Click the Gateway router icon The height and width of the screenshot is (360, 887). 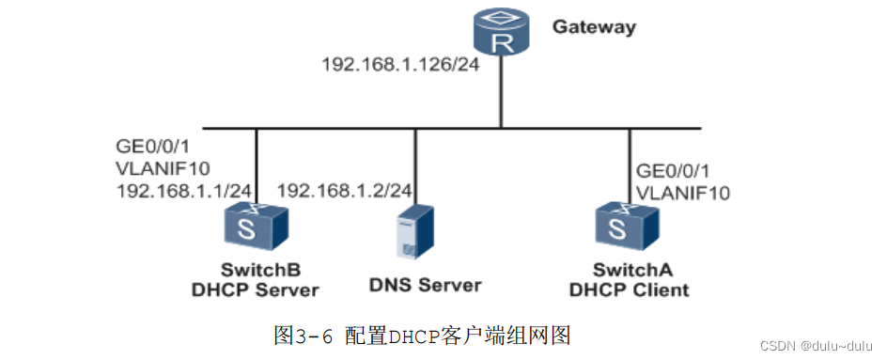pyautogui.click(x=499, y=34)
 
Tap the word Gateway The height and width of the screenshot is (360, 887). pyautogui.click(x=593, y=26)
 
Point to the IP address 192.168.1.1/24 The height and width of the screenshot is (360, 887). pyautogui.click(x=183, y=190)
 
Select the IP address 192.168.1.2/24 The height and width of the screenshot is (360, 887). pyautogui.click(x=345, y=190)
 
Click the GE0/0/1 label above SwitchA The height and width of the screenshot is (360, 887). pyautogui.click(x=673, y=171)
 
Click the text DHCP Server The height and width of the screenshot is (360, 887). pyautogui.click(x=255, y=289)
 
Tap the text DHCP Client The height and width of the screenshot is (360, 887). pyautogui.click(x=629, y=289)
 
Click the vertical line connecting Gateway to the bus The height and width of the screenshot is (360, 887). pyautogui.click(x=500, y=94)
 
